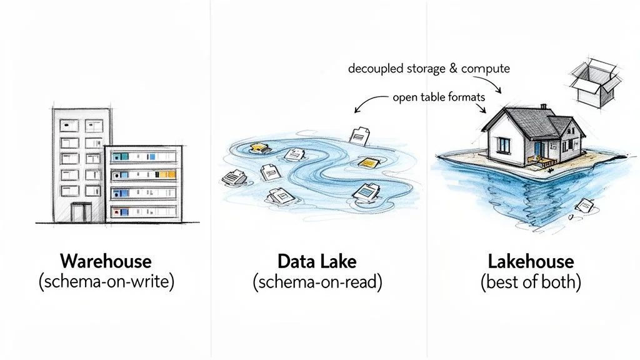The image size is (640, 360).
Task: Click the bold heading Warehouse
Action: coord(106,261)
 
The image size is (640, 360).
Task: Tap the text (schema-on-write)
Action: coord(106,282)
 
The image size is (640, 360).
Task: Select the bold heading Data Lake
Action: coord(317,261)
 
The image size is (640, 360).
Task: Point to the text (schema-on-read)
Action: coord(317,282)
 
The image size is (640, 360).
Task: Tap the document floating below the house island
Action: coord(585,205)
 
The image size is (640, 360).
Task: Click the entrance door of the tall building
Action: coord(78,212)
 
